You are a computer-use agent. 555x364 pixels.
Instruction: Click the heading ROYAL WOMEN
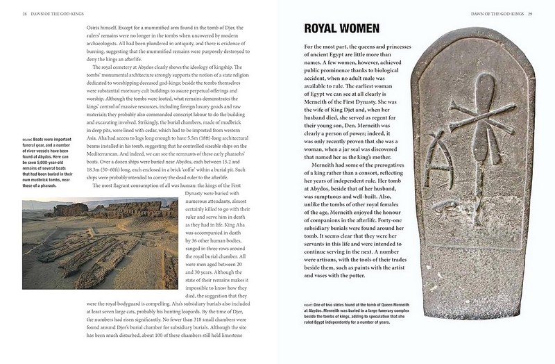click(341, 28)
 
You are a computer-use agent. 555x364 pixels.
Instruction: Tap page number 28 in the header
click(25, 13)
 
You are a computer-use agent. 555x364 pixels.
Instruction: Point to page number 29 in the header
click(529, 13)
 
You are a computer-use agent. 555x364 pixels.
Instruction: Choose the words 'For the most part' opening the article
click(326, 46)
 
